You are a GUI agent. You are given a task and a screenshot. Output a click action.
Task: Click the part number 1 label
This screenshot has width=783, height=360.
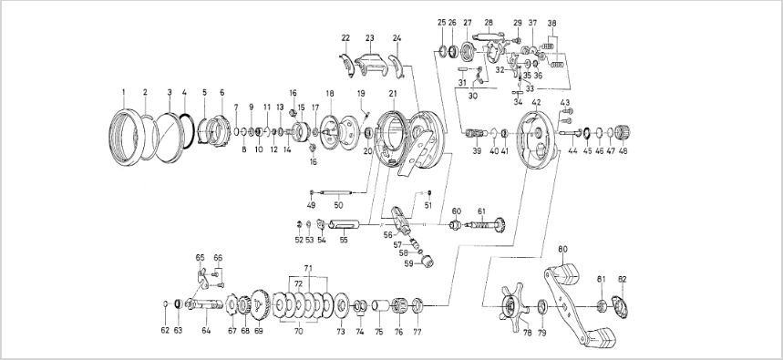point(123,92)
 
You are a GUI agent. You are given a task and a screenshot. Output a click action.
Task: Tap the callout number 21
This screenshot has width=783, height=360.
point(393,93)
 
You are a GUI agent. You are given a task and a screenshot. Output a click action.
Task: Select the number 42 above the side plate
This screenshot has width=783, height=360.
point(536,102)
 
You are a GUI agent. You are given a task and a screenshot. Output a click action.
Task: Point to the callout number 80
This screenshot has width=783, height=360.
point(562,249)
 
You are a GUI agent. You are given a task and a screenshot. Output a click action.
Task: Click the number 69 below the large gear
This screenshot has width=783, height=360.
point(259,331)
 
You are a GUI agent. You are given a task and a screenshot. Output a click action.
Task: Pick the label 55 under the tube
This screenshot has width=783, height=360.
point(344,241)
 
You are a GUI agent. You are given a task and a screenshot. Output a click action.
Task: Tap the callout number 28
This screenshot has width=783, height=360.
point(489,23)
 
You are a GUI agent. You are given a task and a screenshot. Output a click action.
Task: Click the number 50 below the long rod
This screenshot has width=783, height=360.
point(338,205)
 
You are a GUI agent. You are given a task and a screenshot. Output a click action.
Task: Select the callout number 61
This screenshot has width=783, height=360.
point(481,211)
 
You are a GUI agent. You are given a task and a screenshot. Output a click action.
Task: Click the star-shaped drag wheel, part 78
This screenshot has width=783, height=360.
point(512,304)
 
